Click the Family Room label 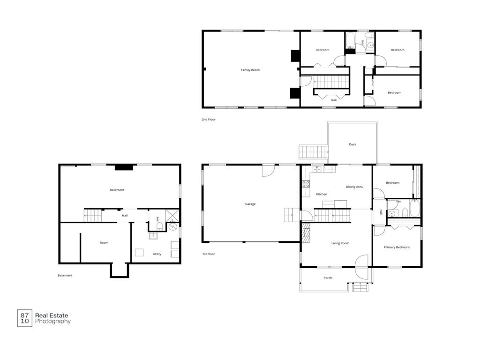[250, 70]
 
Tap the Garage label [250, 204]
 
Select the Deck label [352, 144]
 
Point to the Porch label [328, 278]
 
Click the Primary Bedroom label [397, 247]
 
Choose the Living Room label [340, 243]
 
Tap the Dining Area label [354, 187]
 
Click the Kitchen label [322, 194]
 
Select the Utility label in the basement [157, 254]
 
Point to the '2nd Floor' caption [209, 120]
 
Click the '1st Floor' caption [209, 254]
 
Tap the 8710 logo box [24, 318]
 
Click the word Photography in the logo [53, 322]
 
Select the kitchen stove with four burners [306, 184]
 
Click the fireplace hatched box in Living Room [306, 231]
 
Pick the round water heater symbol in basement [173, 227]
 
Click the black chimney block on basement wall [124, 167]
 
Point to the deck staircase [314, 152]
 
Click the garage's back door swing [268, 171]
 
